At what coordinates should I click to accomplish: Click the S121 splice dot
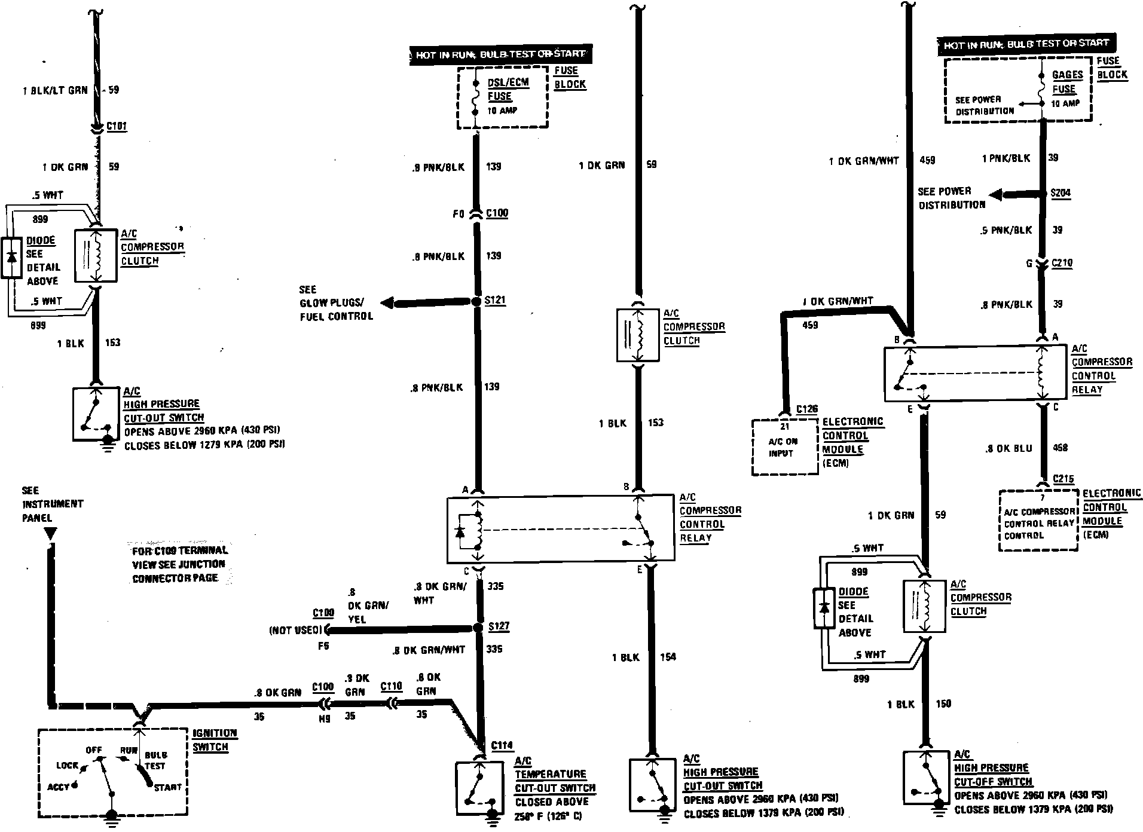tap(476, 302)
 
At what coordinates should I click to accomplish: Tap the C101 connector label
tap(117, 127)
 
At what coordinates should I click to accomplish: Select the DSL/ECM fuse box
tap(502, 97)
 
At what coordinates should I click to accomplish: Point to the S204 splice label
tap(1061, 194)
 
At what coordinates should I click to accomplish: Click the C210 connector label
tap(1062, 263)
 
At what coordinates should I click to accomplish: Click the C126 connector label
tap(807, 409)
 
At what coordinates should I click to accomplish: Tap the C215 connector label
tap(1063, 479)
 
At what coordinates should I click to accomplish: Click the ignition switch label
tap(215, 740)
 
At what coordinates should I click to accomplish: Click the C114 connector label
tap(502, 745)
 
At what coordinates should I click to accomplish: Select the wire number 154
tap(668, 657)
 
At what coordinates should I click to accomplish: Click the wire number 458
tap(1060, 448)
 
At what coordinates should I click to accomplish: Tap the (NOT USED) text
tap(295, 630)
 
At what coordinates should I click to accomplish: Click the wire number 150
tap(943, 703)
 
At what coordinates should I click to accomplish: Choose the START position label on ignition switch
tap(167, 787)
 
